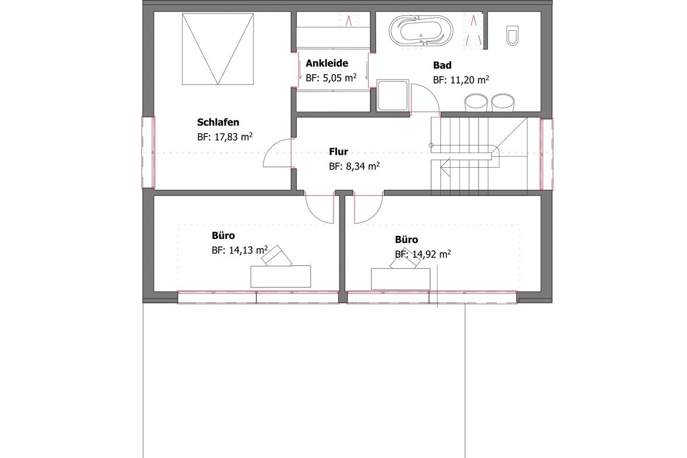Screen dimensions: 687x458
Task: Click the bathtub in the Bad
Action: pyautogui.click(x=421, y=31)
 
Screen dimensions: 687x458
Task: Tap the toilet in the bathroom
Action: pyautogui.click(x=512, y=35)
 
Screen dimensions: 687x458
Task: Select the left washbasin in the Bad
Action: pyautogui.click(x=476, y=102)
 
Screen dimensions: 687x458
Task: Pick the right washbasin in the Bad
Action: pyautogui.click(x=503, y=102)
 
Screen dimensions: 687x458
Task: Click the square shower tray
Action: pyautogui.click(x=393, y=95)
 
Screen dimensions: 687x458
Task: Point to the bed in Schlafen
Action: pyautogui.click(x=218, y=48)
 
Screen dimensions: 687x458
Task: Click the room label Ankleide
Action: pyautogui.click(x=327, y=63)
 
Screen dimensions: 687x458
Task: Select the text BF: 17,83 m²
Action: pyautogui.click(x=225, y=137)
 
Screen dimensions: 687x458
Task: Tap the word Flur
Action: pyautogui.click(x=339, y=152)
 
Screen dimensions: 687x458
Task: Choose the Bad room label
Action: pyautogui.click(x=442, y=65)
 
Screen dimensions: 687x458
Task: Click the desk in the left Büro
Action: pyautogui.click(x=280, y=276)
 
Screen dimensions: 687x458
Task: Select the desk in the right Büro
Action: pyautogui.click(x=401, y=279)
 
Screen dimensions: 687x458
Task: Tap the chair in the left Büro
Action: pyautogui.click(x=276, y=256)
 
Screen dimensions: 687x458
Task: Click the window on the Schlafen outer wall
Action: pyautogui.click(x=148, y=152)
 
